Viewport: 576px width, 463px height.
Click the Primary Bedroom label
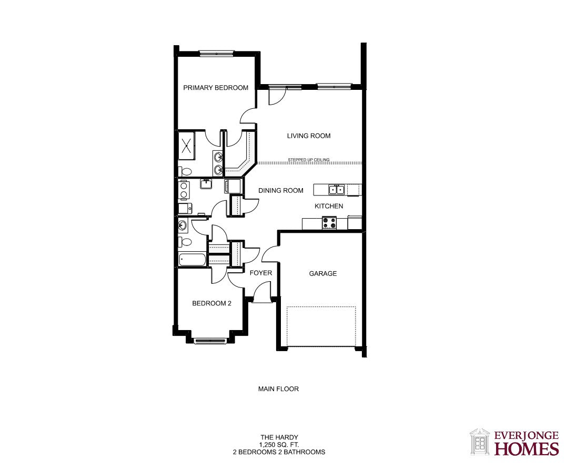pyautogui.click(x=216, y=88)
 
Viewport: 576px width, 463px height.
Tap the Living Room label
pyautogui.click(x=309, y=136)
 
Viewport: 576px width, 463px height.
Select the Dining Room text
pyautogui.click(x=281, y=190)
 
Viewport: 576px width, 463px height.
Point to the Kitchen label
pyautogui.click(x=329, y=206)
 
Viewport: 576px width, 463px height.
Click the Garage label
pyautogui.click(x=323, y=273)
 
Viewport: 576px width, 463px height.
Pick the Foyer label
pyautogui.click(x=261, y=273)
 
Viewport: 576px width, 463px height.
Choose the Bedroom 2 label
pyautogui.click(x=211, y=303)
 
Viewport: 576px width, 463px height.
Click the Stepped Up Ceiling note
pyautogui.click(x=309, y=160)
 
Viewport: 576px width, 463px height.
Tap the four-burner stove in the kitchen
pyautogui.click(x=329, y=223)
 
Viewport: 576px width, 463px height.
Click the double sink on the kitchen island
pyautogui.click(x=337, y=190)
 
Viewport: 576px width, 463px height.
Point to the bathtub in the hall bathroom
pyautogui.click(x=193, y=260)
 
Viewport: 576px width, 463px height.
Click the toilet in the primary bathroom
pyautogui.click(x=185, y=171)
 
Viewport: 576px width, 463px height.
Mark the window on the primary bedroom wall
pyautogui.click(x=217, y=54)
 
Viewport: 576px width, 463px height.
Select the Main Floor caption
pyautogui.click(x=278, y=389)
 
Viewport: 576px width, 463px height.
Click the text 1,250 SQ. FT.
pyautogui.click(x=279, y=445)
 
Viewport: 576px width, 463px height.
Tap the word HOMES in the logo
pyautogui.click(x=527, y=449)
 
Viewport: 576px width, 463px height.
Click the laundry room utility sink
pyautogui.click(x=206, y=184)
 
